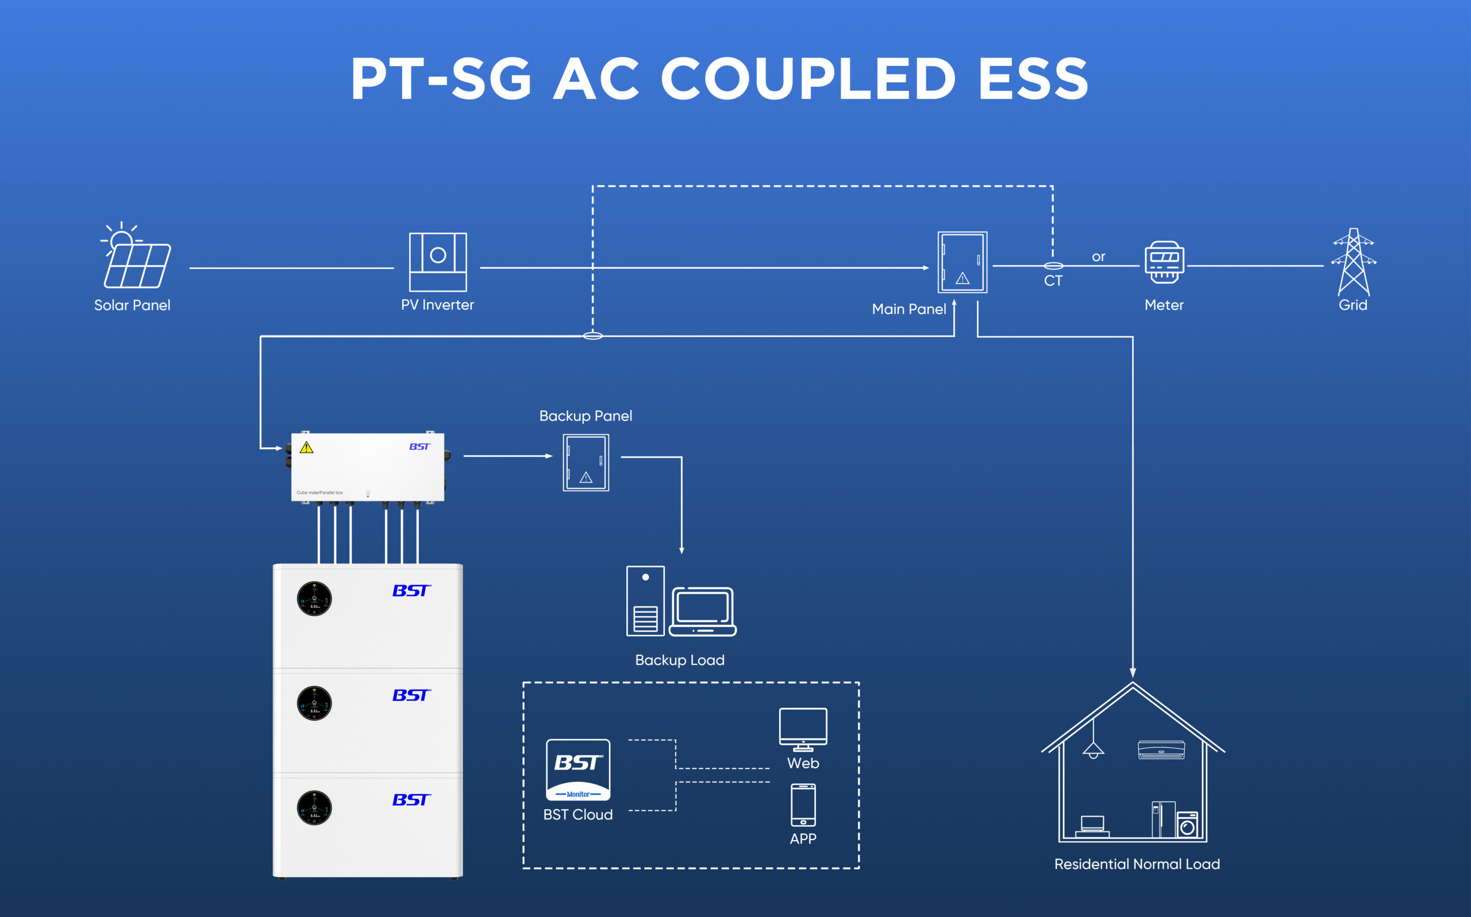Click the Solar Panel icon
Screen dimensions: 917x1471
[x=137, y=257]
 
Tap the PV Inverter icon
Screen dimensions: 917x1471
[x=437, y=262]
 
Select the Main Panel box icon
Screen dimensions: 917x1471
[x=962, y=262]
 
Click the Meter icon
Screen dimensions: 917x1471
[x=1164, y=262]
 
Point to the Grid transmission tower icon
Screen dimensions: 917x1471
[x=1353, y=261]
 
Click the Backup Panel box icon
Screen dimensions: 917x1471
[x=586, y=463]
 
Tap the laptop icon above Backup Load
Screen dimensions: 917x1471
[x=703, y=612]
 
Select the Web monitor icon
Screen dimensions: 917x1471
[x=803, y=729]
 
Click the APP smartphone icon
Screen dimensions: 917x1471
[x=803, y=805]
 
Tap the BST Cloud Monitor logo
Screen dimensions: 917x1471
[x=577, y=769]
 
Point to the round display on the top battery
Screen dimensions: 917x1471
[x=314, y=598]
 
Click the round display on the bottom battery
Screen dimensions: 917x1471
[x=314, y=808]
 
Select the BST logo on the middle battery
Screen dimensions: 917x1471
[x=411, y=695]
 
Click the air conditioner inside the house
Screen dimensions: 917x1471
[x=1161, y=750]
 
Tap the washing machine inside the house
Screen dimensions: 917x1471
[x=1187, y=825]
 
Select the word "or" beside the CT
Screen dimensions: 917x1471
[x=1099, y=257]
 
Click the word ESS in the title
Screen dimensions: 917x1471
[x=1033, y=79]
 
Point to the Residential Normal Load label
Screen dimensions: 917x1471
[x=1137, y=864]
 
